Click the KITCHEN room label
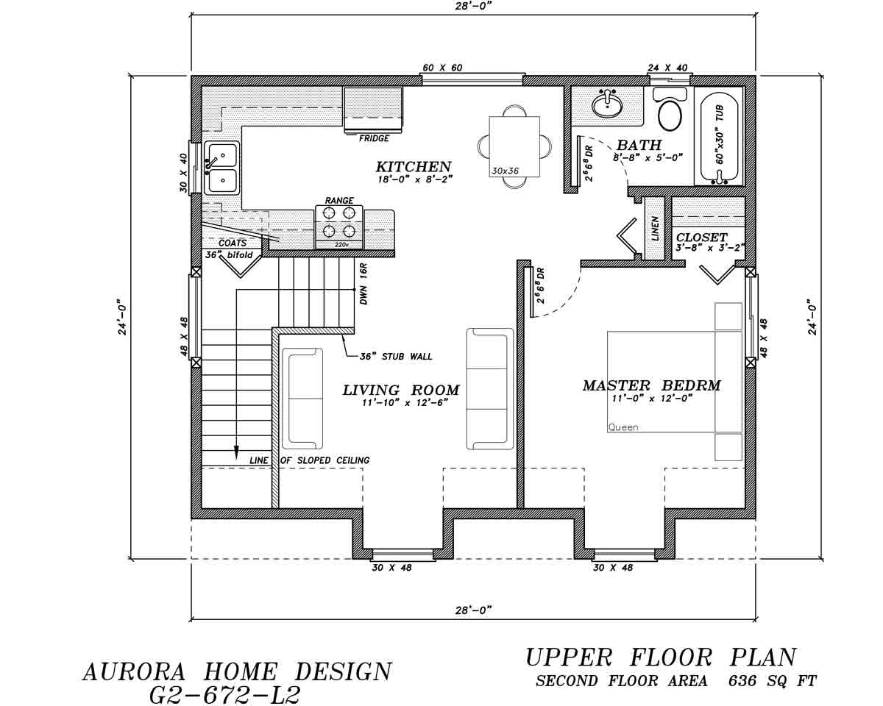pyautogui.click(x=413, y=166)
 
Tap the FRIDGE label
pyautogui.click(x=374, y=138)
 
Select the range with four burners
pyautogui.click(x=339, y=222)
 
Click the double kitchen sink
pyautogui.click(x=221, y=168)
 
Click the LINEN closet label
pyautogui.click(x=655, y=228)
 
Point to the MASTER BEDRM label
pyautogui.click(x=651, y=385)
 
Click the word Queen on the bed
pyautogui.click(x=623, y=427)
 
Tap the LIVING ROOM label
pyautogui.click(x=400, y=391)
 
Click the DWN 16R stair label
pyautogui.click(x=364, y=284)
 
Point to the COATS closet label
pyautogui.click(x=232, y=243)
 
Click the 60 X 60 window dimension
pyautogui.click(x=441, y=68)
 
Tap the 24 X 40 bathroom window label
pyautogui.click(x=667, y=68)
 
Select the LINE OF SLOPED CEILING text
pyautogui.click(x=310, y=460)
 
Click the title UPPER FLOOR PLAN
pyautogui.click(x=661, y=657)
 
